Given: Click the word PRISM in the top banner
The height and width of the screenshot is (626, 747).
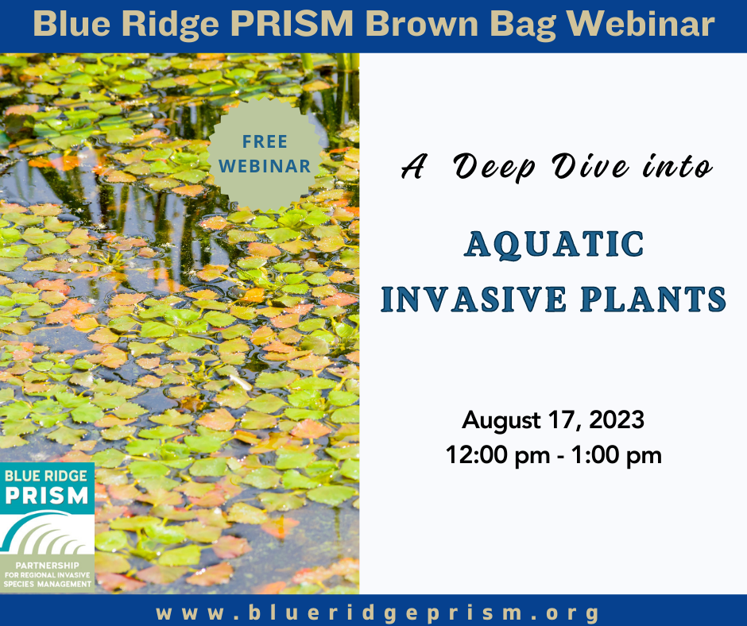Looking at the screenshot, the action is (x=292, y=23).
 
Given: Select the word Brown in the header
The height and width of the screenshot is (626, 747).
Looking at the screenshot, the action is (x=422, y=23).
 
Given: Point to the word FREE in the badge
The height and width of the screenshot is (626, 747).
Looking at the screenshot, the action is (x=265, y=141).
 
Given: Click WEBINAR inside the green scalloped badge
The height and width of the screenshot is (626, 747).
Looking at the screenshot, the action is (x=265, y=166).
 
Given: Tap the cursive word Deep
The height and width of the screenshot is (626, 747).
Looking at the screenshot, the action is (x=494, y=168).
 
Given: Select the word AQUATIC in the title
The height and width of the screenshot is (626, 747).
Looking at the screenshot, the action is (x=554, y=245).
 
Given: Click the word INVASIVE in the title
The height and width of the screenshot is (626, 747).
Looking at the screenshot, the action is (x=474, y=299).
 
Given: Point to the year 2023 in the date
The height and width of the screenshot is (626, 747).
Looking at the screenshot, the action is (x=617, y=419).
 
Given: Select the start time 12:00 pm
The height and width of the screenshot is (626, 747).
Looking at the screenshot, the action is (x=497, y=455).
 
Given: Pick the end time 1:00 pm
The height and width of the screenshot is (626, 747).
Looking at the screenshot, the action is (x=617, y=455).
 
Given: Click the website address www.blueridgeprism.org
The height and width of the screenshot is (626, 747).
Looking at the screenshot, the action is (x=377, y=612).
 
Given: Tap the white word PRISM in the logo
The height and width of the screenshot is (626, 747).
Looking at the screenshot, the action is (x=47, y=496).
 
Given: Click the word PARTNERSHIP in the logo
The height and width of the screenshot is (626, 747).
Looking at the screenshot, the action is (x=48, y=566).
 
